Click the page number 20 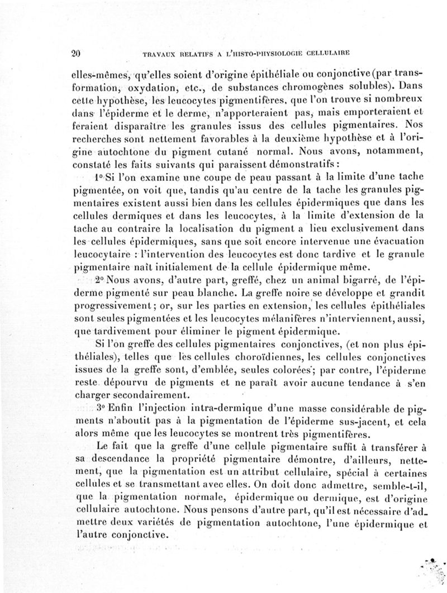77,54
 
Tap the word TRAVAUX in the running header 161,55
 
